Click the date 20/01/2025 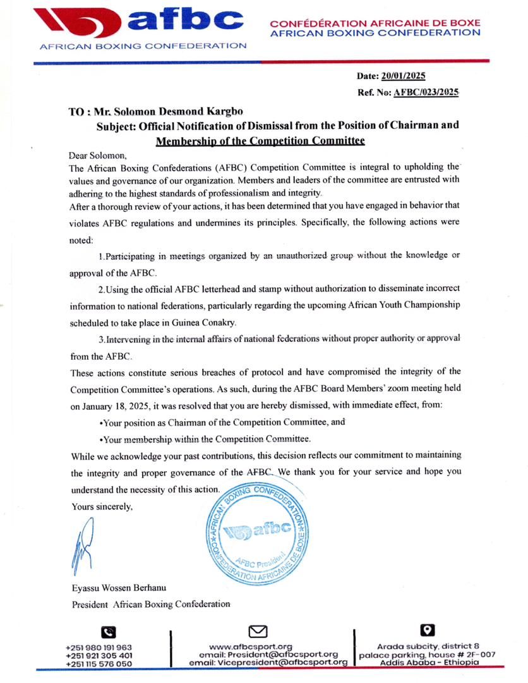point(403,76)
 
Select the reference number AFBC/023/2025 point(426,92)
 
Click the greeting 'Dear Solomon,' point(97,155)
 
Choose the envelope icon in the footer point(258,631)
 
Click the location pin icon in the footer point(428,630)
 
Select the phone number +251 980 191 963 point(99,647)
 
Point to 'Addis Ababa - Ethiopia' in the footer point(429,662)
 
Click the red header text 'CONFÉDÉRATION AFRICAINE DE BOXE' point(375,23)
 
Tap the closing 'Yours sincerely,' point(102,506)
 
